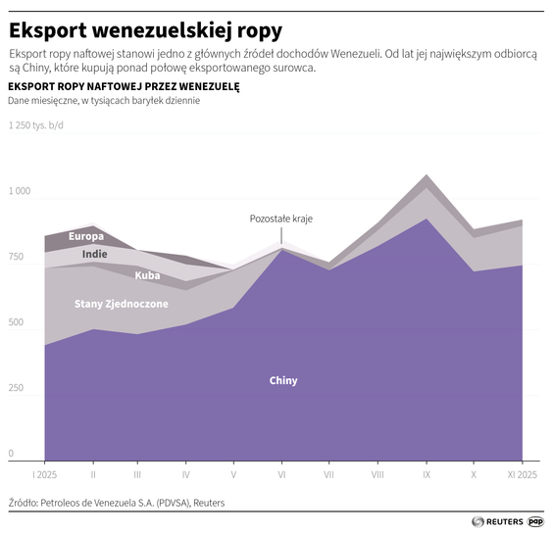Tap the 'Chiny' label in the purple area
click(283, 380)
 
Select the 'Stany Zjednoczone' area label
click(122, 304)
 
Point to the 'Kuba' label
click(148, 275)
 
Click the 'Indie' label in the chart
click(95, 254)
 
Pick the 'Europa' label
click(86, 236)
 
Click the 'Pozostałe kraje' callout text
click(280, 219)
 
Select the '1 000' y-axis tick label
click(21, 191)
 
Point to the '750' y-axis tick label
click(18, 257)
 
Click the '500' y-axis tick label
click(18, 322)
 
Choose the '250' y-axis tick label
click(18, 388)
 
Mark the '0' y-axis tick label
click(12, 454)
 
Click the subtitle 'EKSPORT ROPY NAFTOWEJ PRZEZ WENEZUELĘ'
click(123, 86)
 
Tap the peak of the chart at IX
click(426, 176)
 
